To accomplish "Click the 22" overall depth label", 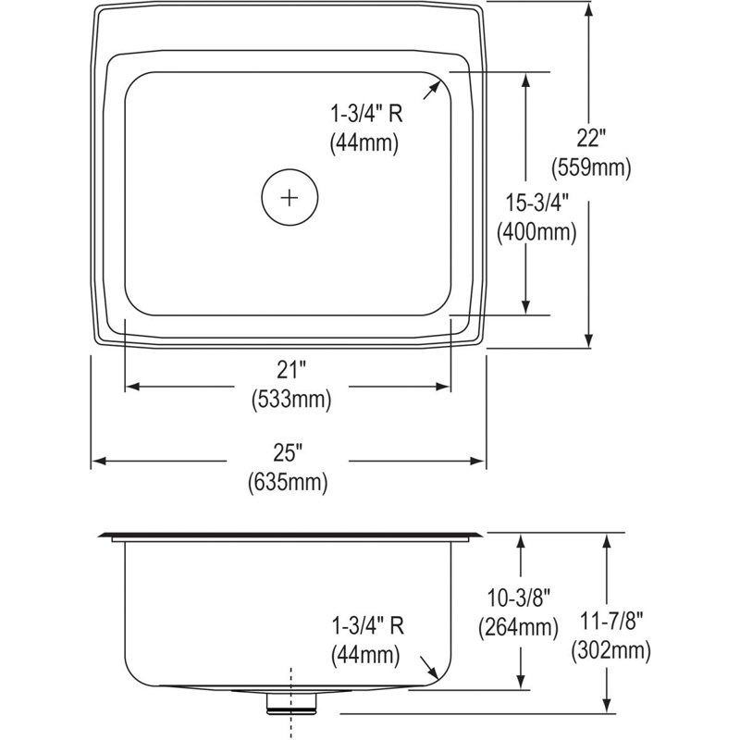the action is click(x=590, y=138).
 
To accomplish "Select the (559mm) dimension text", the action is click(x=591, y=168).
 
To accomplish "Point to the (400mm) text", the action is click(x=536, y=233).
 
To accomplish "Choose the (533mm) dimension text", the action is click(x=291, y=401).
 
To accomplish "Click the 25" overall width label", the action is click(x=288, y=453).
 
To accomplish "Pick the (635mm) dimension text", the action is click(x=288, y=483).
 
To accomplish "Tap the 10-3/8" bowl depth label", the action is click(x=519, y=598).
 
